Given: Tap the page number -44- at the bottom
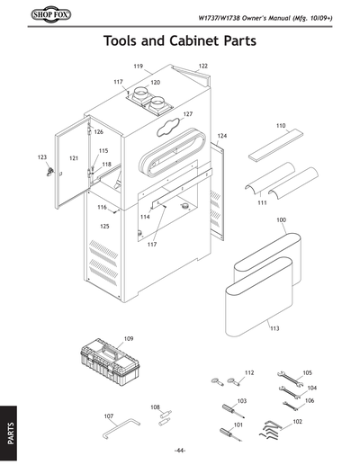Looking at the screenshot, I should (180, 450).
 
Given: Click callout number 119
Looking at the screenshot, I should (139, 67).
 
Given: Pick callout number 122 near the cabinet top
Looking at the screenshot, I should (203, 67).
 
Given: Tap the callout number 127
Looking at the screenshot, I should (188, 114).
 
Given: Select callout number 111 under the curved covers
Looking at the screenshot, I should (263, 203).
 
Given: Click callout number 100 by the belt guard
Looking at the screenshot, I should (282, 219).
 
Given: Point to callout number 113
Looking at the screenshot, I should (275, 329).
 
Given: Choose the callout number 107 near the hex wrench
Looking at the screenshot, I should (109, 416).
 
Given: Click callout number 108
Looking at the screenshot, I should (155, 407).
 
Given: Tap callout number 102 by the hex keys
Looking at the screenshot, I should (298, 421).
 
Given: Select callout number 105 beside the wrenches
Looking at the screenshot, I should (307, 371).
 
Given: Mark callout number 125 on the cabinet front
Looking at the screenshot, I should (104, 227).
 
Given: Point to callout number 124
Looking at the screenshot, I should (222, 135).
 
